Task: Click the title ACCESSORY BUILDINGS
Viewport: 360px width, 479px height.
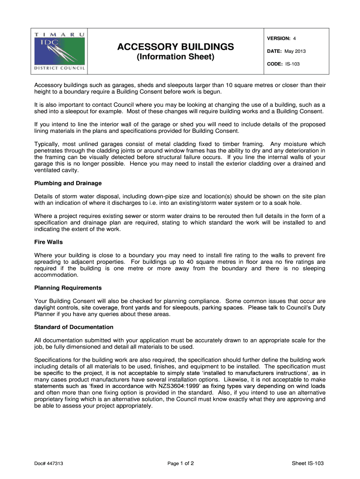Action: (x=175, y=47)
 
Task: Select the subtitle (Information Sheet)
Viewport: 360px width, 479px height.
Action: (x=175, y=58)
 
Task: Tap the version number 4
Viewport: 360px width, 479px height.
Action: (x=295, y=38)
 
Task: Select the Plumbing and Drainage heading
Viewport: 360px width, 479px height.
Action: (x=68, y=183)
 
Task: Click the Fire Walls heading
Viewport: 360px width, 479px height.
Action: (x=49, y=242)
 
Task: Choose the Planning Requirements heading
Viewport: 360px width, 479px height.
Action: (x=68, y=288)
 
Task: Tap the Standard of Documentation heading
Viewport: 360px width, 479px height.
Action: (x=74, y=327)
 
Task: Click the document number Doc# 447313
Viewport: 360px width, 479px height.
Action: (x=49, y=464)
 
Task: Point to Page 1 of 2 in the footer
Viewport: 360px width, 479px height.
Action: (x=180, y=464)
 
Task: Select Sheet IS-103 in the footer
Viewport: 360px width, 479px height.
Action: (x=308, y=464)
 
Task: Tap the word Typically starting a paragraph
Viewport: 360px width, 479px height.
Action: (x=48, y=144)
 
